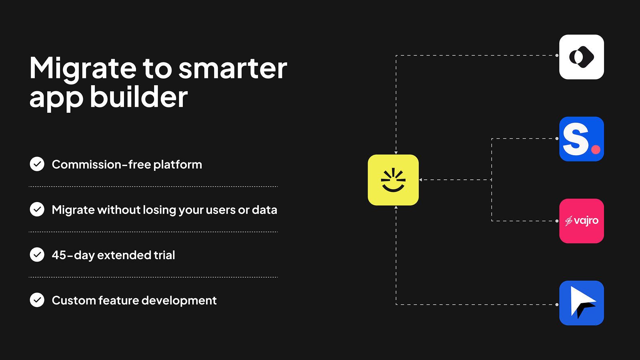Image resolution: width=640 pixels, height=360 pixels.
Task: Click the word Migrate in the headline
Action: pos(83,68)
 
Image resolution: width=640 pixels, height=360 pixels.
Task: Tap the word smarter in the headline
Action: pos(233,68)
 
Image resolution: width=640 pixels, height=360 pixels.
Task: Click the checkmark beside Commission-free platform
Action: pos(37,164)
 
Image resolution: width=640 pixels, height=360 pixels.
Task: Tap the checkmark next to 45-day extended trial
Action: pos(37,254)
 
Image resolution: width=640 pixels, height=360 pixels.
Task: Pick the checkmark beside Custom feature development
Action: pos(37,300)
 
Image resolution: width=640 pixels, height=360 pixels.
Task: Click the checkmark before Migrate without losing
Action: pos(37,209)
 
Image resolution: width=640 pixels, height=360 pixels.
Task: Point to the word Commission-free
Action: pos(101,164)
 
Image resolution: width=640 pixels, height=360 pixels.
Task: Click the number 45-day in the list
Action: pos(73,255)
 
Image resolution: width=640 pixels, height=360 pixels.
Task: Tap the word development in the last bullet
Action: pos(179,300)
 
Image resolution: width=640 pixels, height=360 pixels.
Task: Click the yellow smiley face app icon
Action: pos(393,180)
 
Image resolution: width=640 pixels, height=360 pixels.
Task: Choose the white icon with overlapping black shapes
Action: pos(582,57)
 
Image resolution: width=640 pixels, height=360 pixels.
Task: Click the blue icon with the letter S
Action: pos(582,139)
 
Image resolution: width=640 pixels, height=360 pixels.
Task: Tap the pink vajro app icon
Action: pos(582,221)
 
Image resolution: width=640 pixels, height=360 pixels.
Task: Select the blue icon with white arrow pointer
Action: pos(582,303)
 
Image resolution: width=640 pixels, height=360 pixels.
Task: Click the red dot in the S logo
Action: pos(596,150)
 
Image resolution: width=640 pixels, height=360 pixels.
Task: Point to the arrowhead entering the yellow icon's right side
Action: pos(420,180)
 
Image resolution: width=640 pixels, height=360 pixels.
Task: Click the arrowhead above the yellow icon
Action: pos(396,153)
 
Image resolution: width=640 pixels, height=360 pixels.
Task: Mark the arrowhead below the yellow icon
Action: pos(396,207)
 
